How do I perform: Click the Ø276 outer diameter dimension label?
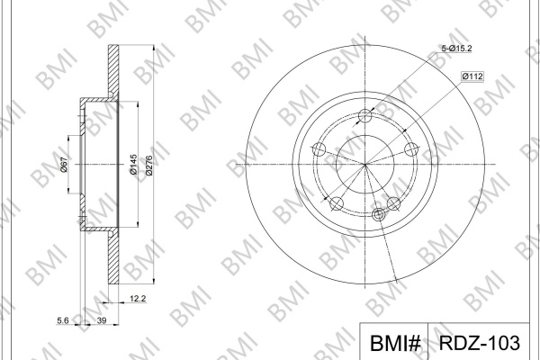tap(148, 166)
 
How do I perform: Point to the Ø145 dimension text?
tap(133, 165)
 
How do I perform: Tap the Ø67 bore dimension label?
tap(64, 165)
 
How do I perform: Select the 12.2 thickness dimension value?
tap(138, 299)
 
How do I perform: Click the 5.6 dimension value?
tap(63, 320)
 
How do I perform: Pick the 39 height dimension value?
tap(102, 320)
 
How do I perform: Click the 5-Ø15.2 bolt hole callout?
tap(456, 49)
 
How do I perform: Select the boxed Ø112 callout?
tap(472, 76)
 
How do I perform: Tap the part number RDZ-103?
tap(480, 343)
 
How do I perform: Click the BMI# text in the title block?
tap(395, 343)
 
